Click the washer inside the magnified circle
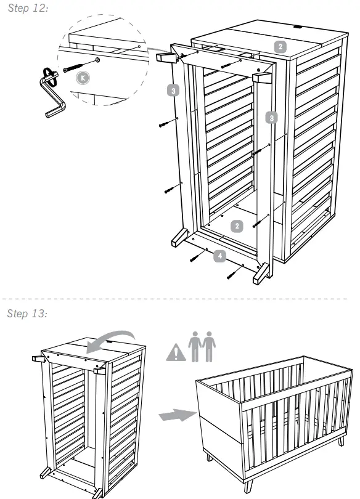pyautogui.click(x=98, y=60)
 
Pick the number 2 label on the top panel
pyautogui.click(x=280, y=46)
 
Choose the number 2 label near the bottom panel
pyautogui.click(x=237, y=225)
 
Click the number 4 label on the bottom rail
pyautogui.click(x=219, y=254)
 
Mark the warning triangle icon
pyautogui.click(x=176, y=352)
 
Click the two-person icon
pyautogui.click(x=203, y=347)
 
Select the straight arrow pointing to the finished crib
pyautogui.click(x=173, y=417)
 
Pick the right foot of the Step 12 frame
pyautogui.click(x=261, y=273)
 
